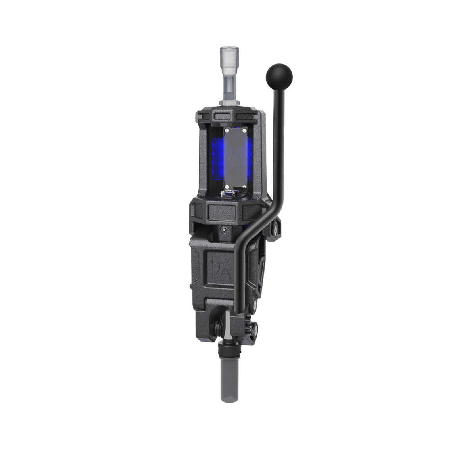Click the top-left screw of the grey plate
(226, 131)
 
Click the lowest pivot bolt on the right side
(254, 328)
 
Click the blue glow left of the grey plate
(216, 155)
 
